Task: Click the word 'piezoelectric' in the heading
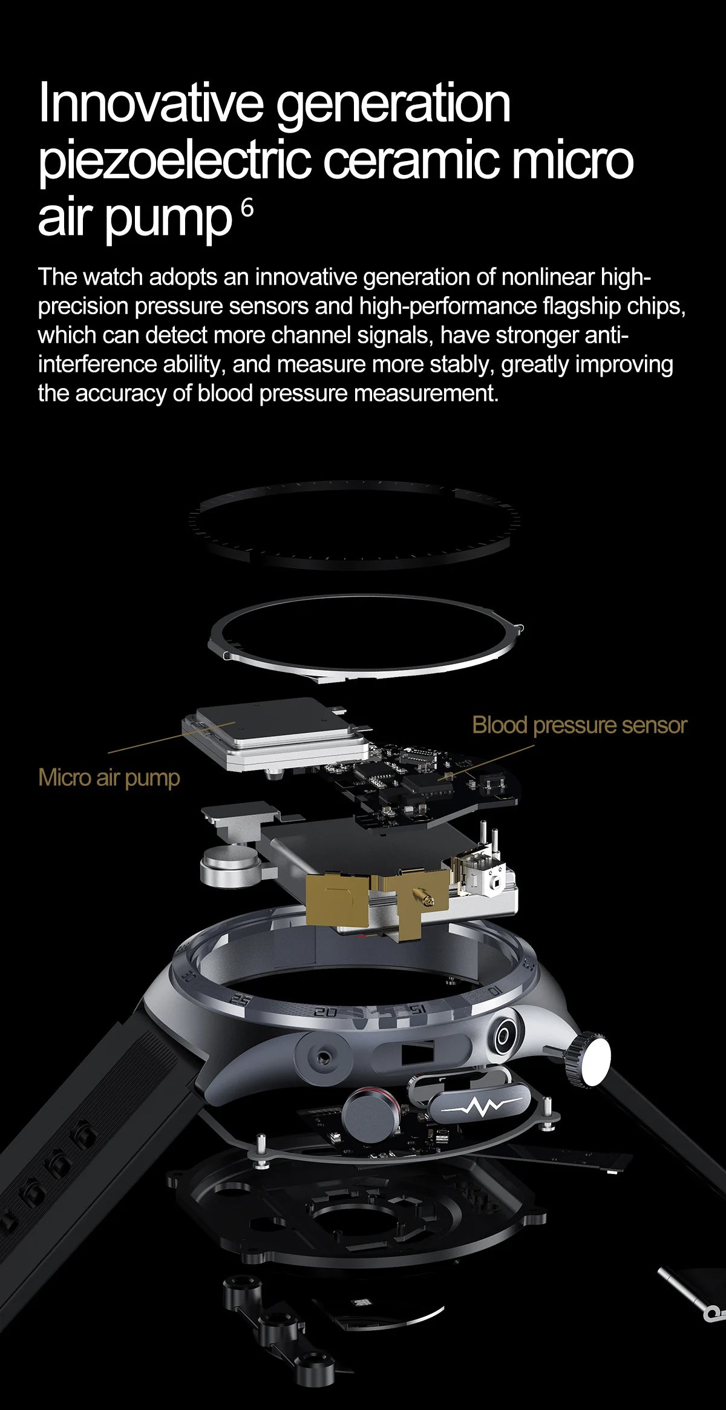[x=175, y=160]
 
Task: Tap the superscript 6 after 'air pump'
[x=247, y=208]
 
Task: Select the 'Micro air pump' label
[x=109, y=777]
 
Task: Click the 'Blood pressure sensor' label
[x=579, y=725]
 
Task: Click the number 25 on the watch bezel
[x=241, y=1001]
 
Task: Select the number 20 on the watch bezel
[x=325, y=1012]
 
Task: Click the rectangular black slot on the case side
[x=417, y=1052]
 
